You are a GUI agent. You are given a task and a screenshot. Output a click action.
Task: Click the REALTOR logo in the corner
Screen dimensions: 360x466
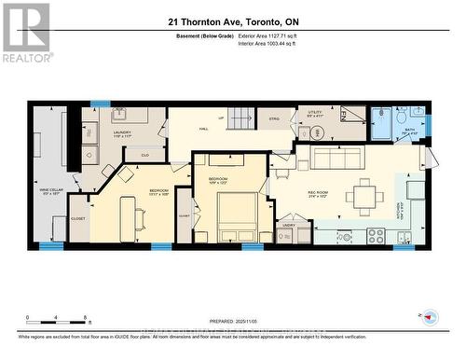coord(25,32)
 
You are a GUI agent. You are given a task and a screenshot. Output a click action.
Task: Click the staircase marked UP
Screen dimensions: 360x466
coord(240,118)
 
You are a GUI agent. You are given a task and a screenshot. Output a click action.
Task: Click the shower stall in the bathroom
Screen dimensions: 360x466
coord(382,123)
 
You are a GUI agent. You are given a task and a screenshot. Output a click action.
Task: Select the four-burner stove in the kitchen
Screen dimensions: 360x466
coord(377,234)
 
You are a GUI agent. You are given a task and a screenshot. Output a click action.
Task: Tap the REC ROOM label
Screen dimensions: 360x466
coord(319,195)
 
